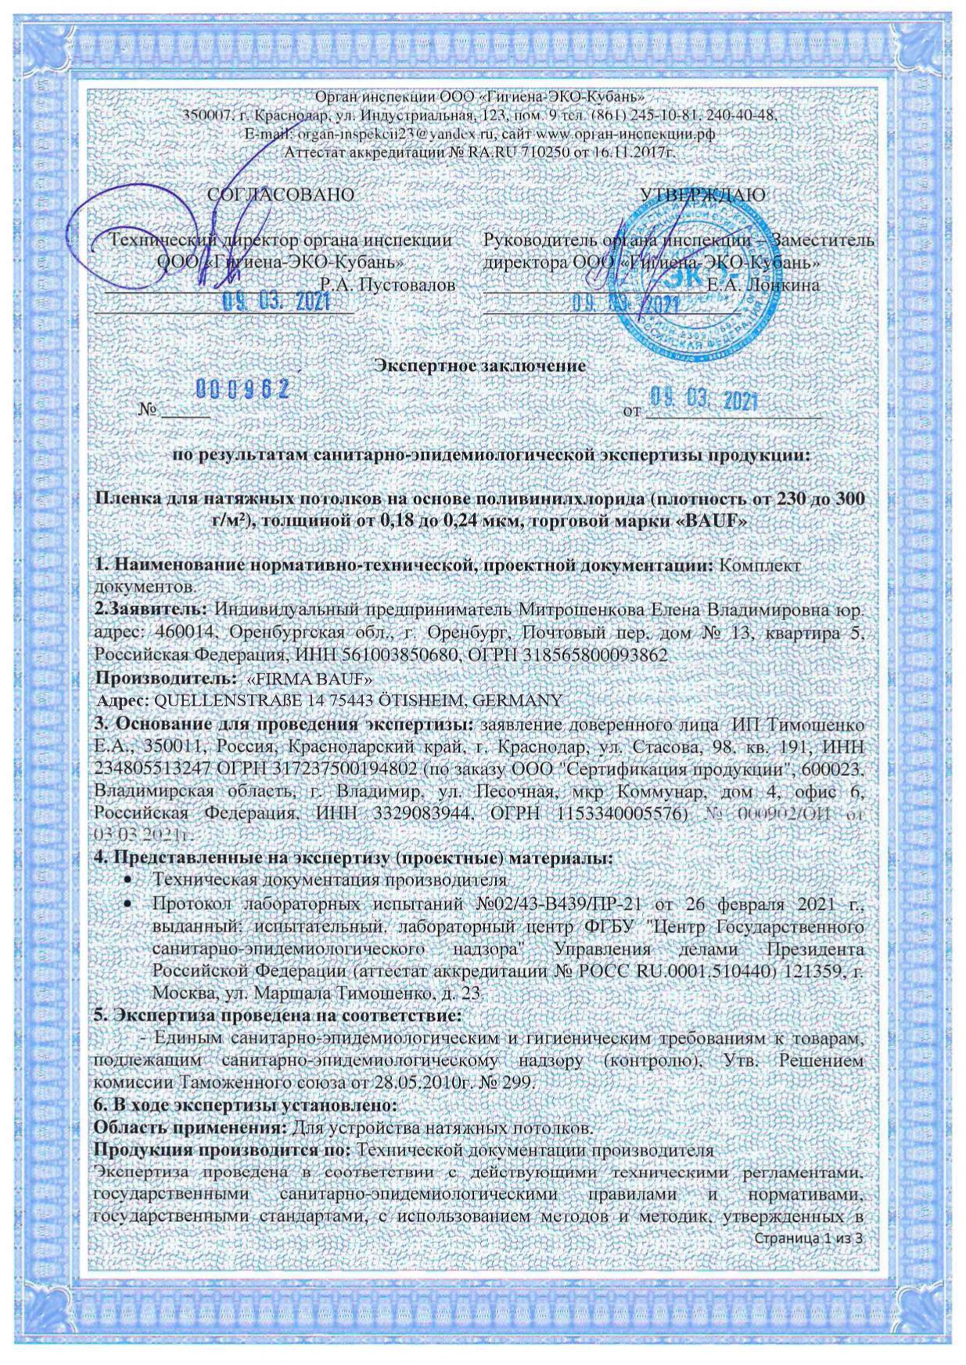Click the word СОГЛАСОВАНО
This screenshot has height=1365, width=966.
[x=281, y=194]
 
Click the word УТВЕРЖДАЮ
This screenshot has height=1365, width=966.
[x=702, y=194]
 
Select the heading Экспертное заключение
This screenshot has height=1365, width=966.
[x=481, y=365]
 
